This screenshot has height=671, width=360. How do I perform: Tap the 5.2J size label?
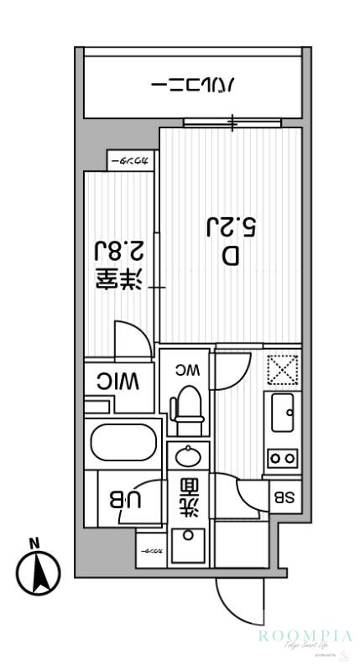click(231, 226)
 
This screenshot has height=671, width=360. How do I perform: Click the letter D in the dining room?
click(231, 256)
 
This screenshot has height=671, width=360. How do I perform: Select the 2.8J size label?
click(117, 250)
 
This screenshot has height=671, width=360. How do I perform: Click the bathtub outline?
click(124, 444)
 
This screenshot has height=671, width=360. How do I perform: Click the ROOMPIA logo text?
click(304, 637)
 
